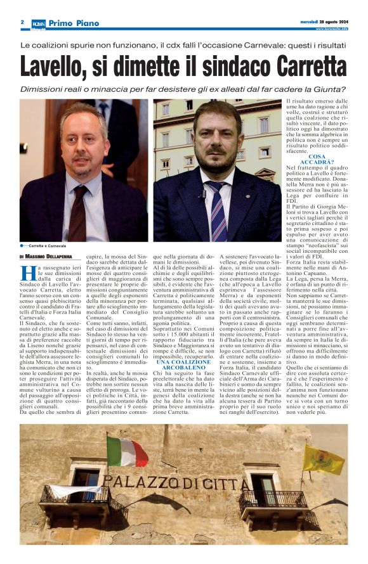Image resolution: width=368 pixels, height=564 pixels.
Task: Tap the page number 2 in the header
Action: [22, 22]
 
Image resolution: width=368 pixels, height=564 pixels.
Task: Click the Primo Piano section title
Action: [72, 22]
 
